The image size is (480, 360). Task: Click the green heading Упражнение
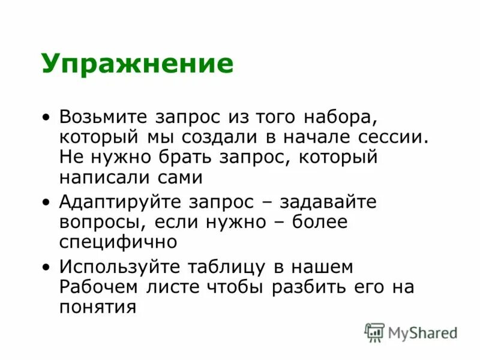[137, 64]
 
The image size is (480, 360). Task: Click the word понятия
[98, 308]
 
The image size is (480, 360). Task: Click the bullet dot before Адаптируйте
[47, 203]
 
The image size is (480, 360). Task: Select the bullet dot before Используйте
[47, 267]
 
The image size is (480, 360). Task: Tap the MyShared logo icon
[374, 332]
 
